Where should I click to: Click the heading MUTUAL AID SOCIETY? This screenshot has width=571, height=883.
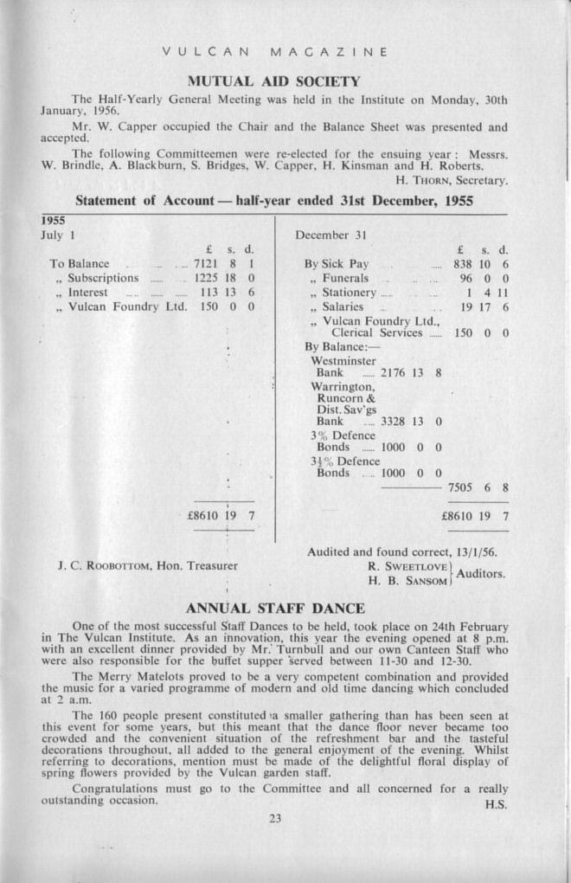tap(273, 81)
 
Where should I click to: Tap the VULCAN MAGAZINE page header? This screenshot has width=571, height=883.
tap(275, 52)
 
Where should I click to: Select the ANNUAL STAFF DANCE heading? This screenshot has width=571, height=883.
tap(276, 609)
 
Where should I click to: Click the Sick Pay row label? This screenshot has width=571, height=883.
tap(337, 263)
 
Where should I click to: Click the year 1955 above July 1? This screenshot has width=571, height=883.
tap(53, 221)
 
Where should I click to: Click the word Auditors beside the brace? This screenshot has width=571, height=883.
tap(481, 573)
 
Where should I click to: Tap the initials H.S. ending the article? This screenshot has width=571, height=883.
tap(497, 805)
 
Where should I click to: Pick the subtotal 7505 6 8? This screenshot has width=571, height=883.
tap(478, 487)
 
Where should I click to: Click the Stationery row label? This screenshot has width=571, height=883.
tap(349, 293)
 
